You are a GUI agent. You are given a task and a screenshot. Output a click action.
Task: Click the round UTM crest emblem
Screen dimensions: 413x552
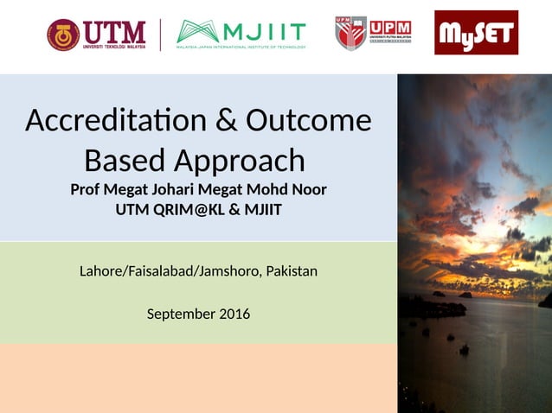click(63, 35)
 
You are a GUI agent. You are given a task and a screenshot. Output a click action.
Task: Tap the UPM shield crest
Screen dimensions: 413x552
click(350, 33)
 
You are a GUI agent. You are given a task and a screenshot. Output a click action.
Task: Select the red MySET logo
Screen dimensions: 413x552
click(476, 33)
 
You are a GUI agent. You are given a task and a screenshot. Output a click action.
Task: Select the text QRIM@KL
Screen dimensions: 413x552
click(187, 210)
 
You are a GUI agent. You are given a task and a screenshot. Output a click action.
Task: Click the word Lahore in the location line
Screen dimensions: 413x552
click(102, 271)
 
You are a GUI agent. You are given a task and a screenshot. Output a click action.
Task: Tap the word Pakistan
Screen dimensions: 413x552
click(292, 271)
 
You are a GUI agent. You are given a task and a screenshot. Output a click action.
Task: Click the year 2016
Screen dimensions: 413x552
click(234, 314)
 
